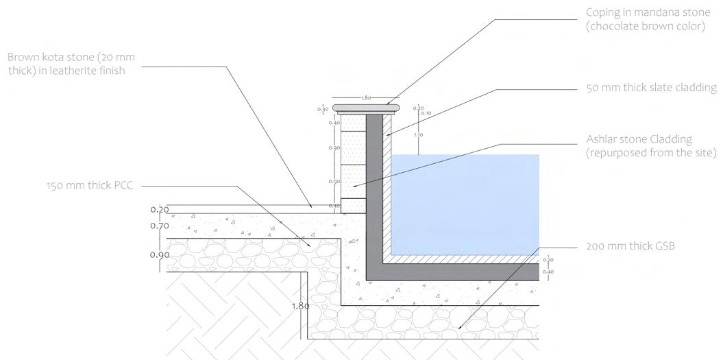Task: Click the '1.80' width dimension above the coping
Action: coord(366,98)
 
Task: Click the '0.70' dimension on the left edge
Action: coord(159,226)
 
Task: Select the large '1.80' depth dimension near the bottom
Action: coord(300,306)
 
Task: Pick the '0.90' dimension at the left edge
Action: coord(159,254)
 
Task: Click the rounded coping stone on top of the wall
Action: coord(367,108)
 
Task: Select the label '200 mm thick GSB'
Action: coord(631,246)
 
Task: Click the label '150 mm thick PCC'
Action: coord(90,185)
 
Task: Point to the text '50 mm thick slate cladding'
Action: coord(651,88)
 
